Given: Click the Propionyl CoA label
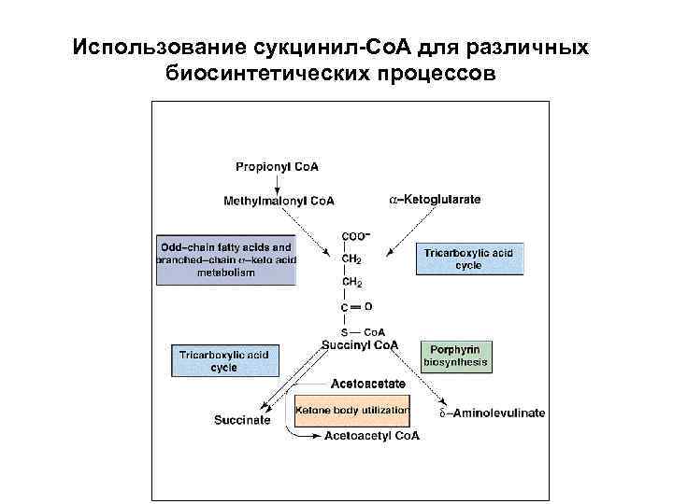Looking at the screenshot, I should tap(277, 167).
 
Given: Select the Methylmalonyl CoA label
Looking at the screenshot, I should tap(279, 201).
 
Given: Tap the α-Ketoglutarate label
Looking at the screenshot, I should tap(435, 200).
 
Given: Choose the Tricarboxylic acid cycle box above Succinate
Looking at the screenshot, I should tap(223, 360).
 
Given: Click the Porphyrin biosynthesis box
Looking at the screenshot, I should tap(455, 356).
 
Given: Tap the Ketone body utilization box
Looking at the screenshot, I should tap(351, 411).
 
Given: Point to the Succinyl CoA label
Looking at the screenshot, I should tap(360, 344).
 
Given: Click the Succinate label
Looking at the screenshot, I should tap(242, 420).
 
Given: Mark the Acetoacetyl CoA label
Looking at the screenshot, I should tap(372, 436).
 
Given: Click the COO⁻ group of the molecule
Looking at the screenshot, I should tap(354, 236).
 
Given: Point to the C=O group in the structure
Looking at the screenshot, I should tap(354, 306).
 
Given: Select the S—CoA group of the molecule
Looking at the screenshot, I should tap(363, 331).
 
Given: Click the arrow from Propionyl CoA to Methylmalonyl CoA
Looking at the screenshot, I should tap(277, 183).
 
